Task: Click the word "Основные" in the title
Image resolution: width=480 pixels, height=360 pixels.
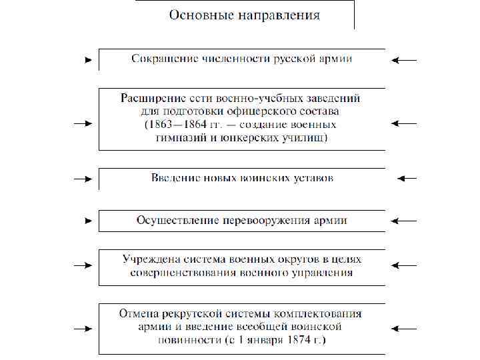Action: tap(197, 15)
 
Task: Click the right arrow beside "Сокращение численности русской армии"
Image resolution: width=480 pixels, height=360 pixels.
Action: tap(404, 60)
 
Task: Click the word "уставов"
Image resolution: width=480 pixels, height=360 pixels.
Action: tap(313, 178)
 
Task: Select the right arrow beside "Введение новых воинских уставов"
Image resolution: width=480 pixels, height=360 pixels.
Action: tap(407, 178)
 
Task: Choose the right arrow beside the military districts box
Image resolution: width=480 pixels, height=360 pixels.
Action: tap(404, 265)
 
